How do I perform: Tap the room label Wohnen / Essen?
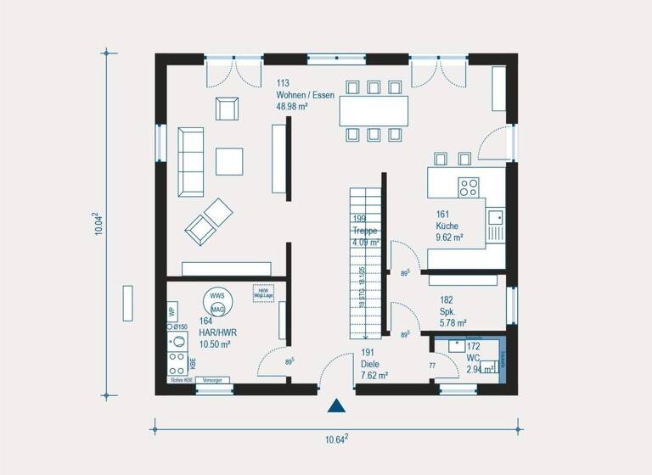point(306,94)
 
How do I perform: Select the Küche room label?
point(447,226)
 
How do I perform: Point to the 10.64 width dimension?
point(337,439)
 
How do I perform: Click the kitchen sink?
point(495,222)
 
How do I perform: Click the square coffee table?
point(229,160)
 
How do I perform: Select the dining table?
point(374,110)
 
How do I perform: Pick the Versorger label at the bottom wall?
point(212,382)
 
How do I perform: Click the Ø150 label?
point(181,327)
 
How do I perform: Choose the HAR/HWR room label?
point(217,333)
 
